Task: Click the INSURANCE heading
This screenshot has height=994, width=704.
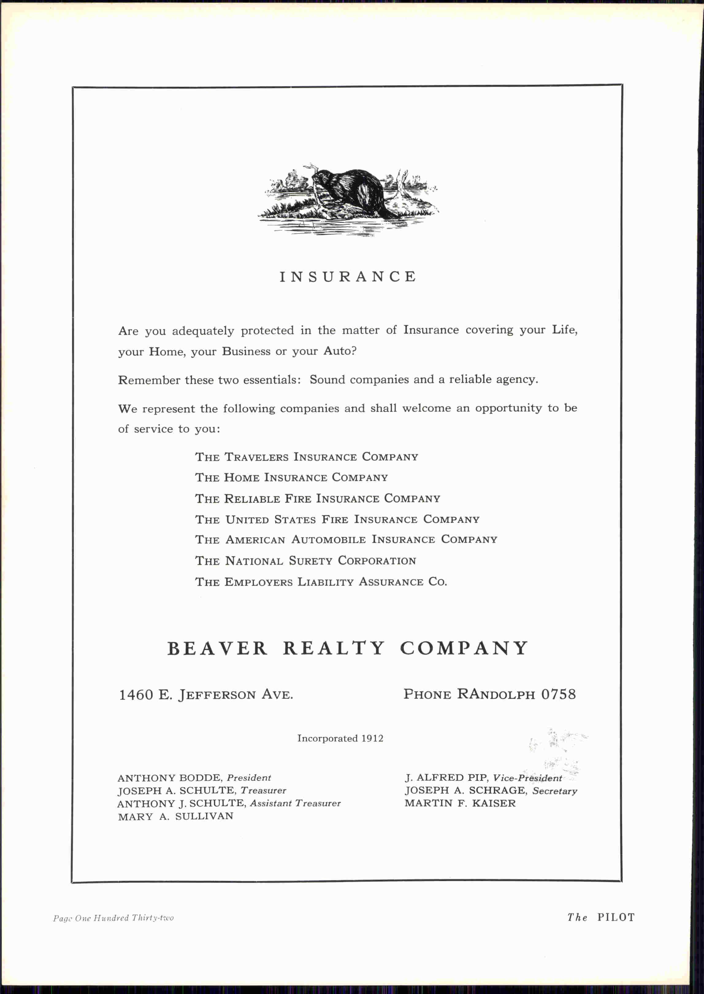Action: pos(348,276)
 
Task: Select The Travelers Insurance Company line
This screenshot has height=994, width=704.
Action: pos(307,457)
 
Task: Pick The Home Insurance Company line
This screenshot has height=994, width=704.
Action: pos(291,478)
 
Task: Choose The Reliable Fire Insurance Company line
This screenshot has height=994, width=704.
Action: pos(317,498)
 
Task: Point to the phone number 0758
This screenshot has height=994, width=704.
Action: pos(558,694)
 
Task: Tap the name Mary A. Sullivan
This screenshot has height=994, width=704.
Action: pos(176,816)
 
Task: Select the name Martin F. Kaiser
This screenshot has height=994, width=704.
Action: pos(460,803)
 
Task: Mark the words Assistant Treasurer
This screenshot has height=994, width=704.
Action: pos(295,803)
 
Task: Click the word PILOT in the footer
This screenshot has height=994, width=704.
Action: pos(616,917)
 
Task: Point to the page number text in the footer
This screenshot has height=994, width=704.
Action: pos(113,918)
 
